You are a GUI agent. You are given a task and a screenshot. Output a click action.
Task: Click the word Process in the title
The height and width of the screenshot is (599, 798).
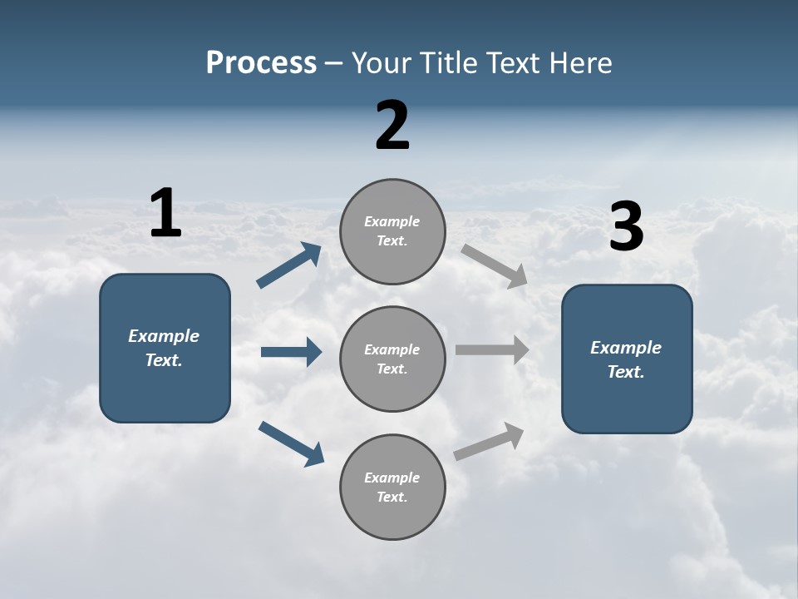click(x=261, y=62)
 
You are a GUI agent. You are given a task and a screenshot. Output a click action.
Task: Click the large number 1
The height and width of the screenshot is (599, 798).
click(x=165, y=213)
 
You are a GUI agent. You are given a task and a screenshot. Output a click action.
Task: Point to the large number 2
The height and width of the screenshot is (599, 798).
click(x=392, y=126)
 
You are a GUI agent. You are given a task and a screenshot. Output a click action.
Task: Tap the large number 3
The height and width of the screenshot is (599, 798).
click(x=626, y=227)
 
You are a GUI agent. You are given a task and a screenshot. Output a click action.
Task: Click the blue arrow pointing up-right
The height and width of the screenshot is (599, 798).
click(x=289, y=265)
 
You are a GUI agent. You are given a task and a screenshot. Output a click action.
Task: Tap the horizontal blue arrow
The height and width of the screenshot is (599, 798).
click(x=291, y=352)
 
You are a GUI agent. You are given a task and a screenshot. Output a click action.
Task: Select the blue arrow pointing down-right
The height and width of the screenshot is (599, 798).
click(x=291, y=443)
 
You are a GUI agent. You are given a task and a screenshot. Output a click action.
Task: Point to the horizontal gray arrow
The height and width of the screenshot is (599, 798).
click(x=492, y=349)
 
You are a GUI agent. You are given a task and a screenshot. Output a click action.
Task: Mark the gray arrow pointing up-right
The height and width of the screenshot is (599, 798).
click(x=489, y=441)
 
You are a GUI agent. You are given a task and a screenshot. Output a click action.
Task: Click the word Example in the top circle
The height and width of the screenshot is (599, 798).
click(x=392, y=221)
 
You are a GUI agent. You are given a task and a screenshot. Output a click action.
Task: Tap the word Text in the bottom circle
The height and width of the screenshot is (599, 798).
click(x=392, y=497)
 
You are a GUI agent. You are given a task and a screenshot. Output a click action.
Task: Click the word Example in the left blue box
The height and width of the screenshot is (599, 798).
click(x=164, y=336)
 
